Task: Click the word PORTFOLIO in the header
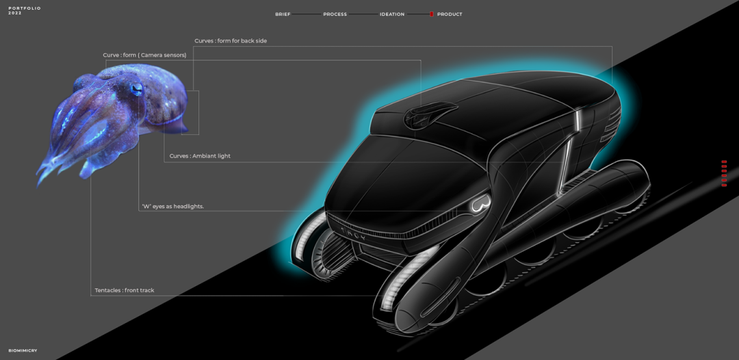click(25, 8)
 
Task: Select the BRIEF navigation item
click(283, 14)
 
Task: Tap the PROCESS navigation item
click(335, 14)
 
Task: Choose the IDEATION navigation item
click(392, 14)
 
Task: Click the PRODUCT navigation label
click(450, 14)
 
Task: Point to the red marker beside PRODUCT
click(432, 14)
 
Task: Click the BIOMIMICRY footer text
click(23, 350)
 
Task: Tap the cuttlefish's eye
click(137, 88)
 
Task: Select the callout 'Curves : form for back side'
click(231, 41)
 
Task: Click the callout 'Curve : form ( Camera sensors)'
click(144, 55)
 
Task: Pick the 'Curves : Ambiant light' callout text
click(200, 156)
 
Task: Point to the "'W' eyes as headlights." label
click(172, 206)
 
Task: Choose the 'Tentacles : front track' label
click(124, 290)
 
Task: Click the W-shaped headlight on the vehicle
click(481, 204)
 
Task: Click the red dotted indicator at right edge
click(724, 173)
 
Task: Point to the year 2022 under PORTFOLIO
click(15, 13)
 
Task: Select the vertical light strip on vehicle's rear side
click(578, 124)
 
